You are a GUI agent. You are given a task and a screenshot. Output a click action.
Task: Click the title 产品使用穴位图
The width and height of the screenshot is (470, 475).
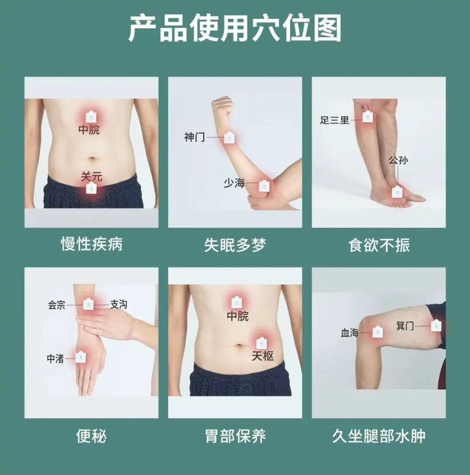point(235,28)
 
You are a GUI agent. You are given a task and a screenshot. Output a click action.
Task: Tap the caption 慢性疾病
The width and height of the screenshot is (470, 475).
point(91,244)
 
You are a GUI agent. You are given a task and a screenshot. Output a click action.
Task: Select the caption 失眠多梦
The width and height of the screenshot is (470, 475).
point(235,245)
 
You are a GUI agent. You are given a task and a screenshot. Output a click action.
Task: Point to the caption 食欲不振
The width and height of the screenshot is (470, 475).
point(379,245)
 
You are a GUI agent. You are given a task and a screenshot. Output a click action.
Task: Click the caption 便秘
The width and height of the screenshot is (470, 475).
point(91,436)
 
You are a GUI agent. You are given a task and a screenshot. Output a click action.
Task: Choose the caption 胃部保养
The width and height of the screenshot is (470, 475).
point(235,436)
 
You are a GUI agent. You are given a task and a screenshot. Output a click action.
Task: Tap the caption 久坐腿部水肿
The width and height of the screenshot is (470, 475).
point(379,436)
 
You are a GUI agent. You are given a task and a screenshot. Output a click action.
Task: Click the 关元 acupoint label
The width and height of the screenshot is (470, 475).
point(91,176)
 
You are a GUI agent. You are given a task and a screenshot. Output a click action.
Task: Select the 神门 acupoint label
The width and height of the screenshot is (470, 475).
point(195,137)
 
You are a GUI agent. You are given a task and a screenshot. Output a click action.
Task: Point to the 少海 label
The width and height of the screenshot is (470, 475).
point(234,183)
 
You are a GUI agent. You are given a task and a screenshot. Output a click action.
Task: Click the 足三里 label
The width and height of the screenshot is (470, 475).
point(335,120)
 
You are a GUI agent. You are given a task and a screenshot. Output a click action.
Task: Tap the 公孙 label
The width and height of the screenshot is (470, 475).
point(399,160)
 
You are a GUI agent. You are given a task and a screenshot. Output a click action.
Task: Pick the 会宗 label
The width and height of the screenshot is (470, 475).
point(57,305)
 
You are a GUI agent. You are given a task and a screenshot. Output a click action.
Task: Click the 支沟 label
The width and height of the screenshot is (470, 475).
point(118,304)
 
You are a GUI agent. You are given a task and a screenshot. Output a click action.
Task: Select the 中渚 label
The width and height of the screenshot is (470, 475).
point(55,359)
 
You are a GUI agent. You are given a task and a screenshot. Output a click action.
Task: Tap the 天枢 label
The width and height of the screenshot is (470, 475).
point(262,356)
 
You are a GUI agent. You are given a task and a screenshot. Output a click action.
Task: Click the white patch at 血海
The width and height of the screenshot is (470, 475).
point(377,332)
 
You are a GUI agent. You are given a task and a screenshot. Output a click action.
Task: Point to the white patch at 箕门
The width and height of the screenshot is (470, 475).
point(436,325)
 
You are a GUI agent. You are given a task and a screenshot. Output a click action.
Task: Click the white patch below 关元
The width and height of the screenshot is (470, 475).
point(91,188)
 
